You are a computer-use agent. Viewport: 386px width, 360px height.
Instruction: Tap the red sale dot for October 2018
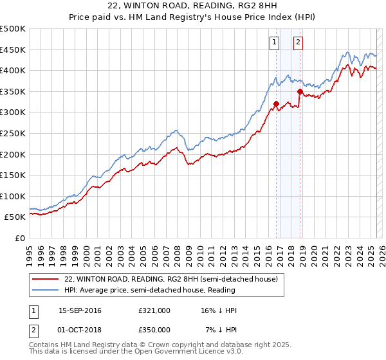(x=300, y=92)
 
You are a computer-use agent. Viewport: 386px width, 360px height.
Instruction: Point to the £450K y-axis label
(x=13, y=50)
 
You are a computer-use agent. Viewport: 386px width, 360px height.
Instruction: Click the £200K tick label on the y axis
(x=13, y=154)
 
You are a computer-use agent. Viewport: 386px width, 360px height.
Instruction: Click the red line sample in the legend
(x=46, y=279)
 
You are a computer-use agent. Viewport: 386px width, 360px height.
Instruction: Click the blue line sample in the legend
(x=46, y=290)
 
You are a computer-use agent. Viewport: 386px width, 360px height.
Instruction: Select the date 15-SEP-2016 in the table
(x=80, y=310)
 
